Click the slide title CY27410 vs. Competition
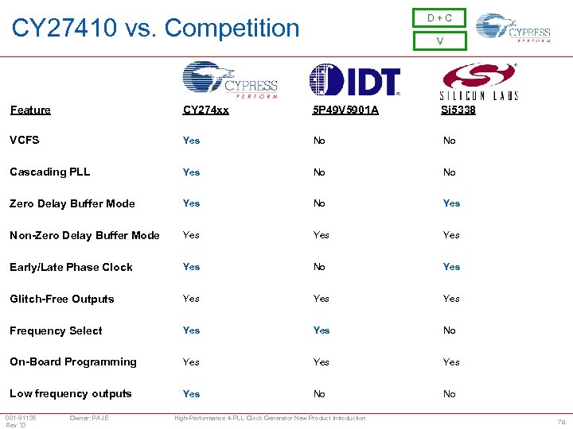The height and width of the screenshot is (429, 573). coord(156,29)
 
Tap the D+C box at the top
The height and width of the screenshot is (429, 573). coord(439,18)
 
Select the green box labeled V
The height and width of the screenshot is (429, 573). coord(439,41)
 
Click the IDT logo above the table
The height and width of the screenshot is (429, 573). coord(354,80)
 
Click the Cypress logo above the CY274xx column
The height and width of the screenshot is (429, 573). coord(230,80)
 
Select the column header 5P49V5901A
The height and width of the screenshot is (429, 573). coord(345,110)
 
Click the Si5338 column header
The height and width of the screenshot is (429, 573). coord(458,110)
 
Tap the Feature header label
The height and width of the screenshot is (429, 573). coord(30,110)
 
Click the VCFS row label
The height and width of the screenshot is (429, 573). coord(25,140)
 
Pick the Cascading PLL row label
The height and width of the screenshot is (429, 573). coord(50,172)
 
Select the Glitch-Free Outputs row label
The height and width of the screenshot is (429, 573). coord(62,299)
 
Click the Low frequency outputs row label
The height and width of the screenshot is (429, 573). coord(71,393)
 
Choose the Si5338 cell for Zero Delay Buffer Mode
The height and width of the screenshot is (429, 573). coord(451,203)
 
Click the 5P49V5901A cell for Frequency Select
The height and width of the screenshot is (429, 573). coord(322,330)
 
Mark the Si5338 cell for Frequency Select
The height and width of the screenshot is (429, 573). coord(450,330)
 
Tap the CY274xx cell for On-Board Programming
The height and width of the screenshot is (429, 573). coord(192,362)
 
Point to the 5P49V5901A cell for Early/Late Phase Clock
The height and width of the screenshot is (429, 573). coord(319,267)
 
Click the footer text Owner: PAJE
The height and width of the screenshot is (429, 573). coord(89,418)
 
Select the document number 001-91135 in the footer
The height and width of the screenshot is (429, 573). coord(21,418)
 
